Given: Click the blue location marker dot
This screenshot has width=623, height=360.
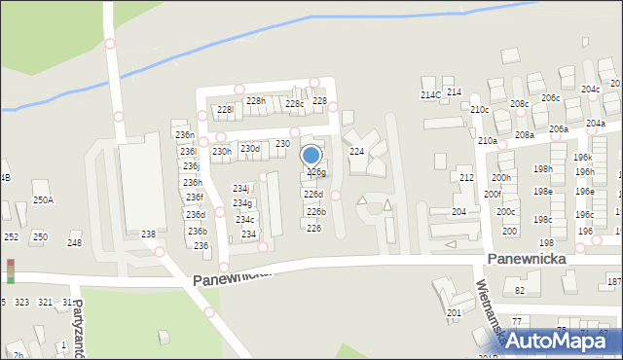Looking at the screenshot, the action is pyautogui.click(x=311, y=155).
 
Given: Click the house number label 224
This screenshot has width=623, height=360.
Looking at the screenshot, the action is pyautogui.click(x=357, y=152).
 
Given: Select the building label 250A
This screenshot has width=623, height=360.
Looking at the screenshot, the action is pyautogui.click(x=43, y=199).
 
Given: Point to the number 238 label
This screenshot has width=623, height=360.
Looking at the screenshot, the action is pyautogui.click(x=148, y=234).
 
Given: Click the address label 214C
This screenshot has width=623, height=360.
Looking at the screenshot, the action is pyautogui.click(x=430, y=94).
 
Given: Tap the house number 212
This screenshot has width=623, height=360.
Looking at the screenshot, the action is pyautogui.click(x=466, y=178).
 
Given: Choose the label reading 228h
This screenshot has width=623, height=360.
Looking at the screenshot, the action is pyautogui.click(x=255, y=101).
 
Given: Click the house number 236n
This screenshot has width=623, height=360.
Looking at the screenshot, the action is pyautogui.click(x=184, y=134).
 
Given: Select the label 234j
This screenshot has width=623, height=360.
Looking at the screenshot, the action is pyautogui.click(x=240, y=188).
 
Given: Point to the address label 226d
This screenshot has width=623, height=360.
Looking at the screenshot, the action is pyautogui.click(x=312, y=195).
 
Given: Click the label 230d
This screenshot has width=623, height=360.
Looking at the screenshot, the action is pyautogui.click(x=250, y=149).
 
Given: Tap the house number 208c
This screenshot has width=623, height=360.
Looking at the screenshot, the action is pyautogui.click(x=519, y=104).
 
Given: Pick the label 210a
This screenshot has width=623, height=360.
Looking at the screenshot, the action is pyautogui.click(x=487, y=141).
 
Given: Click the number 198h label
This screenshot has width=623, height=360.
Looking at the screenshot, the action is pyautogui.click(x=542, y=169).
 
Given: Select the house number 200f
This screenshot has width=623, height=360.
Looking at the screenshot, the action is pyautogui.click(x=493, y=195).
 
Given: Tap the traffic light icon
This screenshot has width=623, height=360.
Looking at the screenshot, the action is pyautogui.click(x=11, y=270).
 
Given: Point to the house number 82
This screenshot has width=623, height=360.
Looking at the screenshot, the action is pyautogui.click(x=520, y=290).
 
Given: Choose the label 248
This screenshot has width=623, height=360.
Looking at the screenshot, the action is pyautogui.click(x=74, y=242).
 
